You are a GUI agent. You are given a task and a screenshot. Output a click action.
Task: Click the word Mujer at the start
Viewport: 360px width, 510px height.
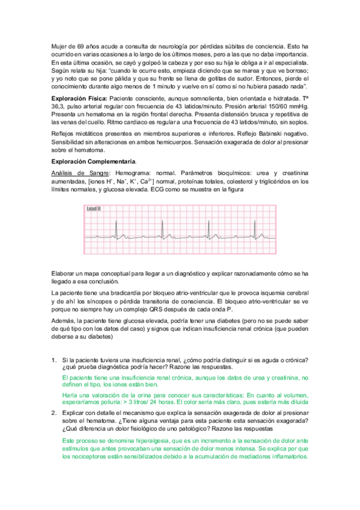59,46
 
